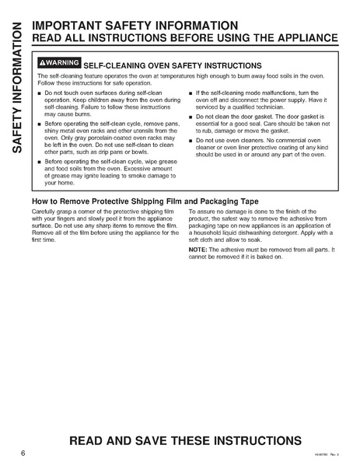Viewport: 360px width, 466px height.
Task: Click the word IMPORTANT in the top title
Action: click(x=75, y=26)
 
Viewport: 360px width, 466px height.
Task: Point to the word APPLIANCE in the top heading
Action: click(x=302, y=38)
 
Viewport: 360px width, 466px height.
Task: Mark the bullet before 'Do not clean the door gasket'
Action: click(x=191, y=117)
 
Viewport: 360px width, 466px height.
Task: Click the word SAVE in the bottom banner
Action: click(x=172, y=440)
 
